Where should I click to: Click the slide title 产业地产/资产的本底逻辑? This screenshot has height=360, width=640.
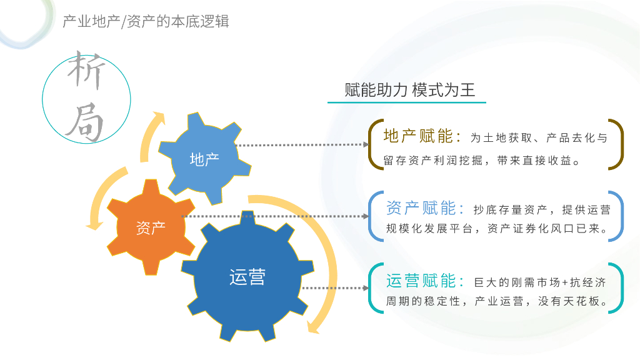(146, 22)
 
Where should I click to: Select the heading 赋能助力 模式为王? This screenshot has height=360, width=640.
(410, 90)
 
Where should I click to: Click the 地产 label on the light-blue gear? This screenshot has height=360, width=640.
(204, 159)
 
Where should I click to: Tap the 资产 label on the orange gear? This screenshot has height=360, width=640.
(151, 228)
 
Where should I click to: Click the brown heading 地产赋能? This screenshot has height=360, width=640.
(422, 137)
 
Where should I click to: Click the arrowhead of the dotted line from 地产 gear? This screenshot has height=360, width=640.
(366, 144)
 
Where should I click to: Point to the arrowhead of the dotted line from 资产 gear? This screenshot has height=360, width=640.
(366, 216)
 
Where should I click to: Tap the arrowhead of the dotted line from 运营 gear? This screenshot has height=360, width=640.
(366, 288)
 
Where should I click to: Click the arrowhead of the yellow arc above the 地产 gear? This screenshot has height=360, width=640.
(160, 118)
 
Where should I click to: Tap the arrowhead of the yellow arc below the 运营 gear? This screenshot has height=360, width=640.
(314, 327)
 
